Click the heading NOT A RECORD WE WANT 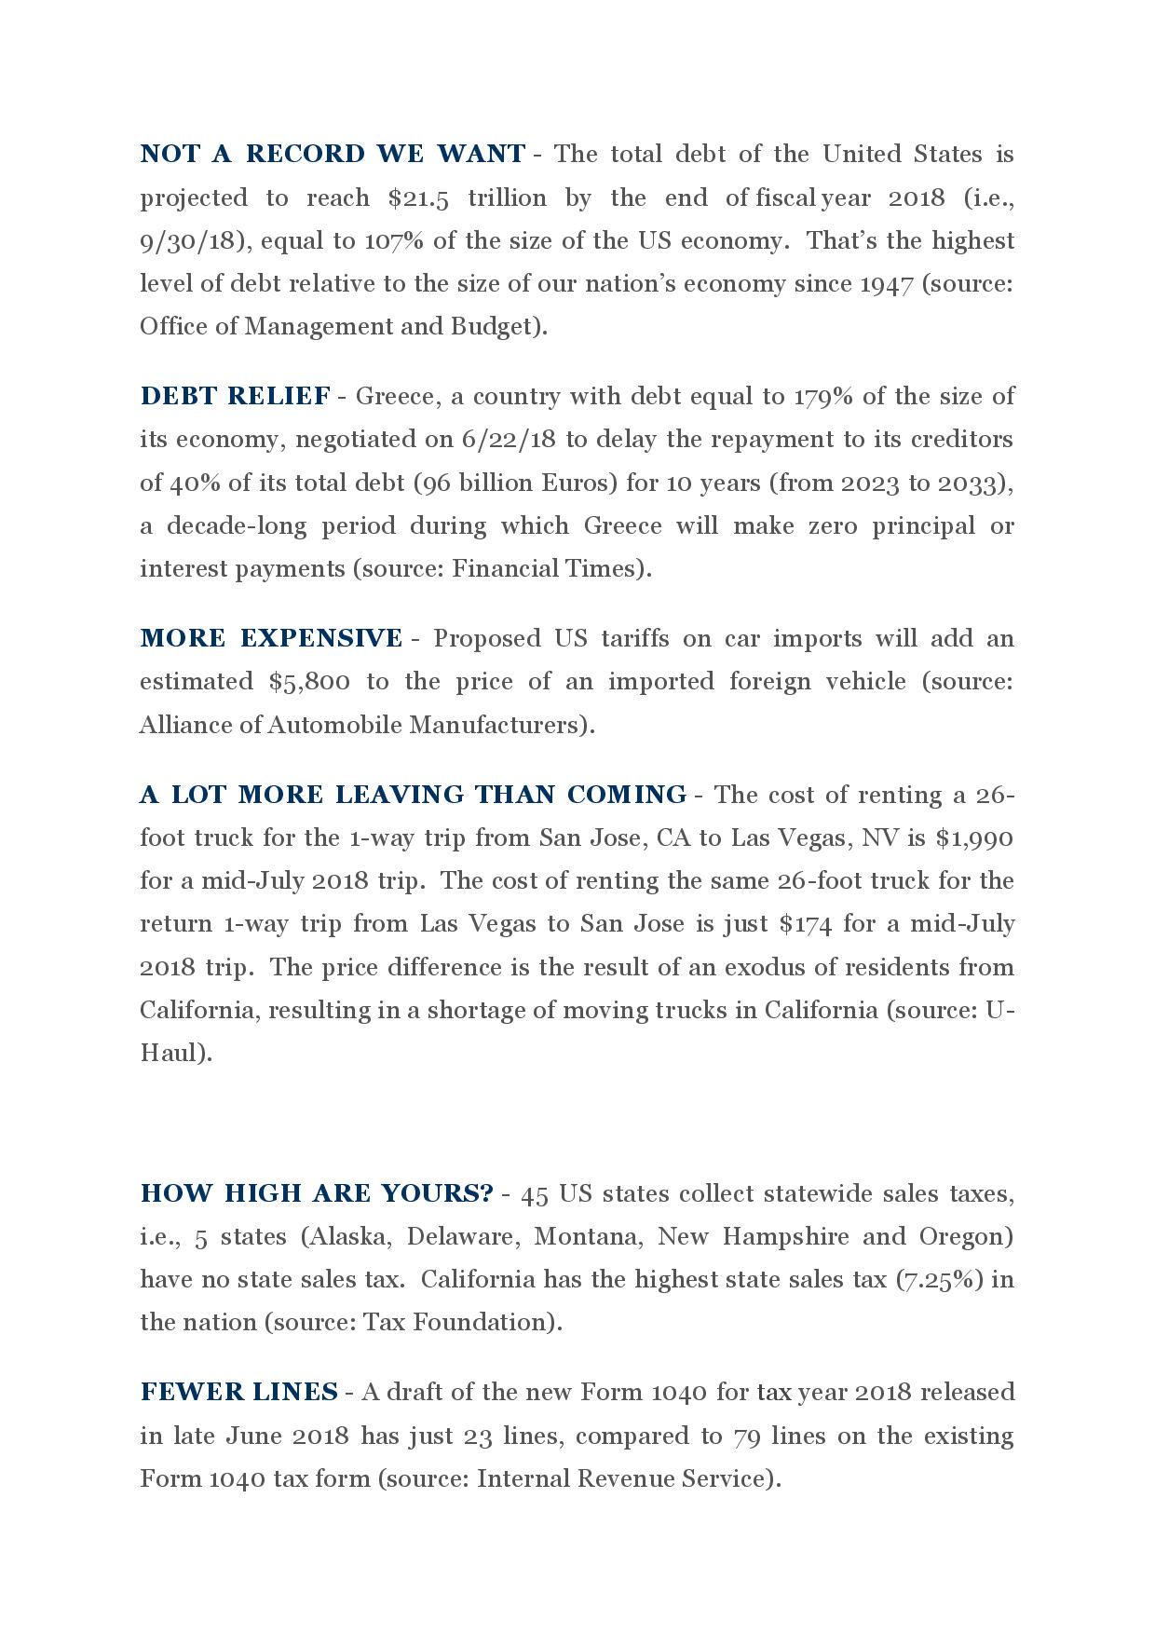[x=333, y=154]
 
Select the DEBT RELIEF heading [x=235, y=396]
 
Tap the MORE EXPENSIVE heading [x=271, y=638]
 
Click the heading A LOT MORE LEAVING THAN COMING [x=414, y=795]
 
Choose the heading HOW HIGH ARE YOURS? [x=317, y=1193]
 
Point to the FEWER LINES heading [x=238, y=1392]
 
